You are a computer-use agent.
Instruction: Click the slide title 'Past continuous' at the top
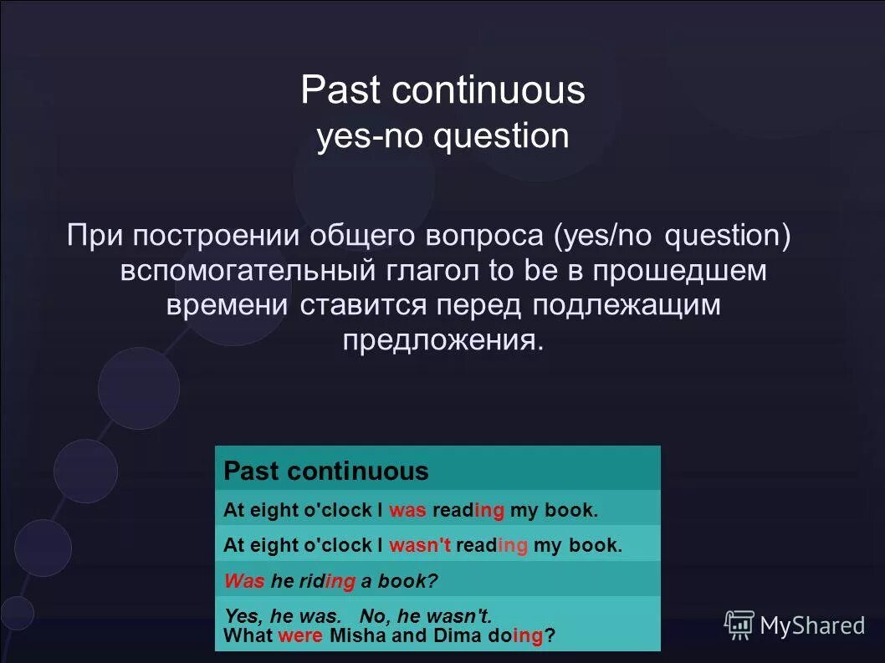click(442, 90)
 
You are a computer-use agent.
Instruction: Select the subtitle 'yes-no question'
click(442, 136)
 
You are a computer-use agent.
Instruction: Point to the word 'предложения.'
click(442, 340)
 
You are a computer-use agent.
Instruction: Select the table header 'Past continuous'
click(326, 471)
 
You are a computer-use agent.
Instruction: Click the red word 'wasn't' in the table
click(420, 545)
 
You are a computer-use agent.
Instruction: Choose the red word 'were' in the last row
click(300, 635)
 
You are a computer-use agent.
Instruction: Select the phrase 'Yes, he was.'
click(283, 616)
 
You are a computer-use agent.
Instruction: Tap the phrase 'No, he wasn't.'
click(425, 616)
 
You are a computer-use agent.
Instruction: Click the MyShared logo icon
click(739, 625)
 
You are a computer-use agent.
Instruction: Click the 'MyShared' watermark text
click(812, 625)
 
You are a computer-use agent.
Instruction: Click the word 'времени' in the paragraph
click(227, 305)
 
